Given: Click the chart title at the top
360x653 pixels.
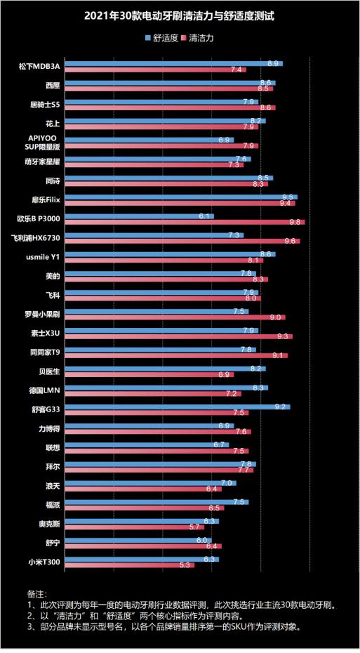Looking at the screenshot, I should tap(180, 15).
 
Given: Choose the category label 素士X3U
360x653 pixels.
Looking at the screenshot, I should tap(50, 333).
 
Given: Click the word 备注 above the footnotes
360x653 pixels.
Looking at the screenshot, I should tap(35, 593).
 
